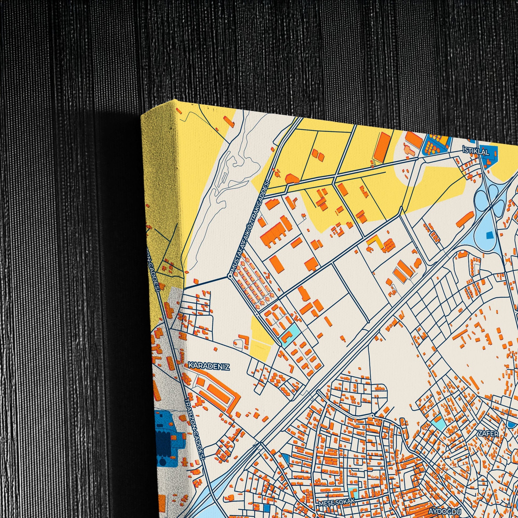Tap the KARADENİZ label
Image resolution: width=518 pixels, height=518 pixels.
click(x=209, y=366)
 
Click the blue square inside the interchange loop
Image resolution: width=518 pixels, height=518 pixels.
click(x=490, y=235)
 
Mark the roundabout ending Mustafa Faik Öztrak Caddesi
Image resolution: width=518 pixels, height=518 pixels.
click(x=230, y=276)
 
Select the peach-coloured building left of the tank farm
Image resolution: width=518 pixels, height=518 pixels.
click(x=411, y=150)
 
